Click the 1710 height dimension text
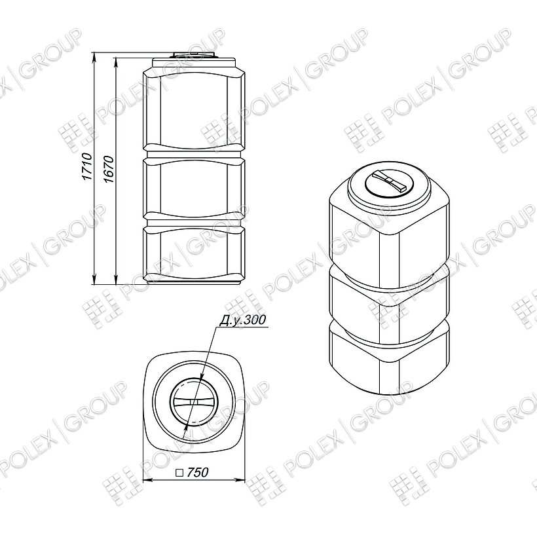click(87, 167)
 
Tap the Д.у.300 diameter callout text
click(242, 320)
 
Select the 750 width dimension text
click(198, 472)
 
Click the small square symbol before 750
click(179, 473)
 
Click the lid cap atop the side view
click(194, 55)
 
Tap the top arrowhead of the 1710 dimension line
click(94, 57)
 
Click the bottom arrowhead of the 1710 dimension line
click(94, 280)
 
